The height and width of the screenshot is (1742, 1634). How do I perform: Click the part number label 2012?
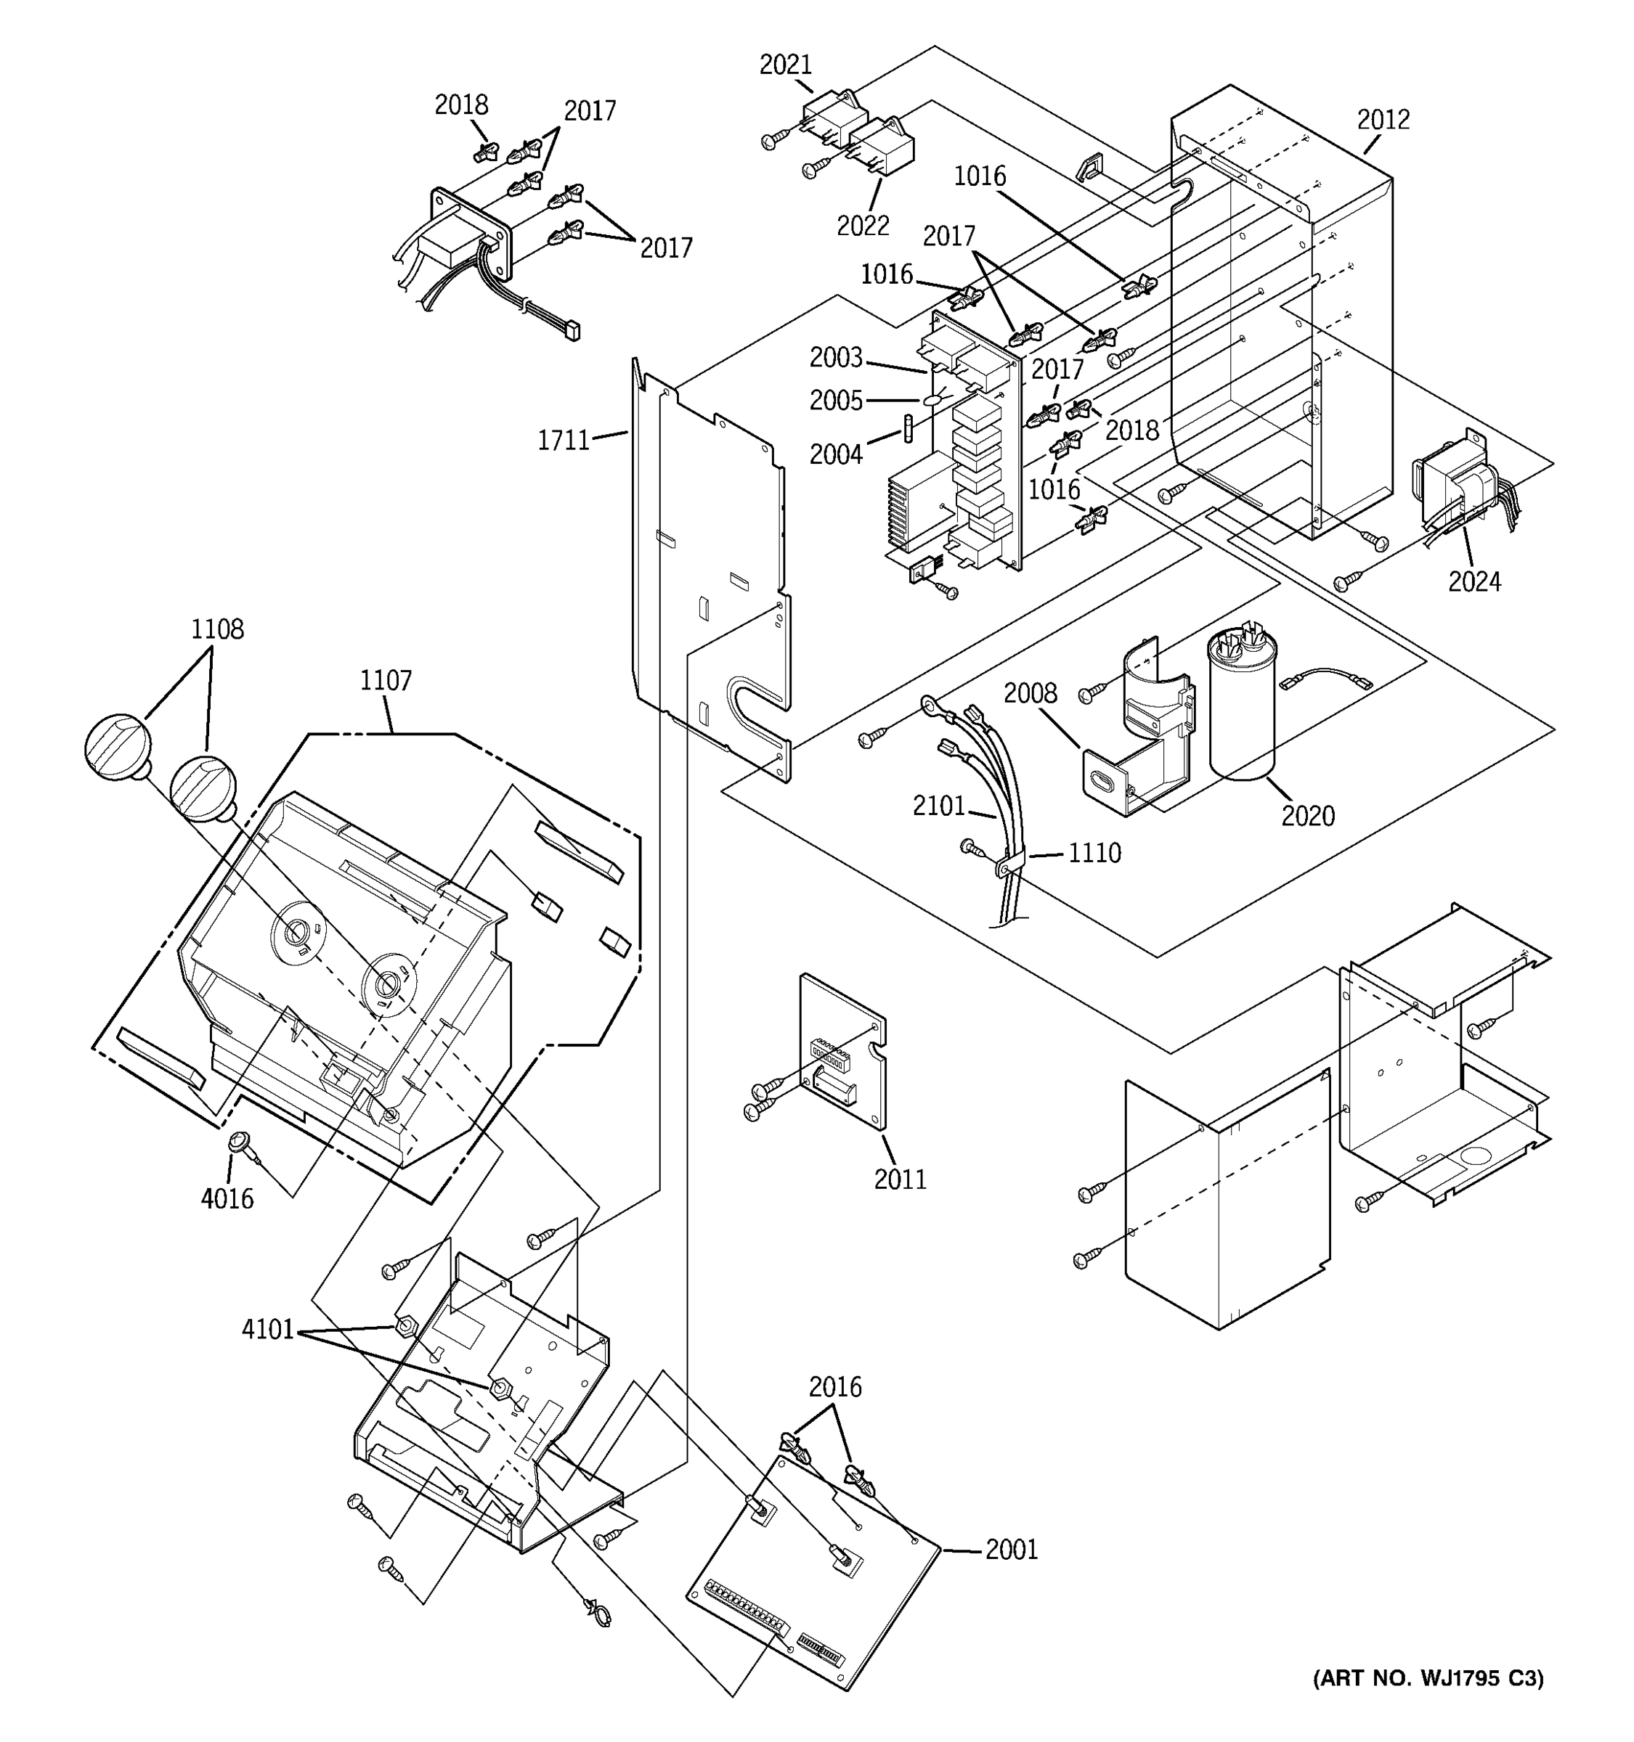[1383, 120]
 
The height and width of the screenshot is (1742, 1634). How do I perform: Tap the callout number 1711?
[563, 440]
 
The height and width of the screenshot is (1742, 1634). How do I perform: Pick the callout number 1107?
[386, 680]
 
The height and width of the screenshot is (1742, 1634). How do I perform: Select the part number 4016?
[227, 1198]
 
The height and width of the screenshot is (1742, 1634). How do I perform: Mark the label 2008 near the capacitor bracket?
[1030, 693]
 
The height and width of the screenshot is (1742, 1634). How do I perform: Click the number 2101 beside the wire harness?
[938, 806]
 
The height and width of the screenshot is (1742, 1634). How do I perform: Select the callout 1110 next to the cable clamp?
[1094, 853]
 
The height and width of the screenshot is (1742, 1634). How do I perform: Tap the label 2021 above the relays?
[786, 65]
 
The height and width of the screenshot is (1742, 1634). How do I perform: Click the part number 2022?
[863, 225]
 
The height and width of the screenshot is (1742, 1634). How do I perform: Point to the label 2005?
[835, 401]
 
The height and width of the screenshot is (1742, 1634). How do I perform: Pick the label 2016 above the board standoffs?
[834, 1387]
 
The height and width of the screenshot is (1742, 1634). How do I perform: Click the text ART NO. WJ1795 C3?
[1428, 1678]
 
